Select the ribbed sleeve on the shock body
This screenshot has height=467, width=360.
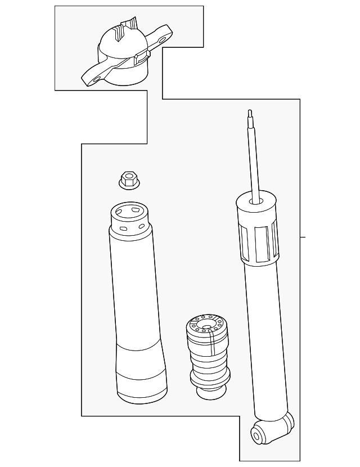258,242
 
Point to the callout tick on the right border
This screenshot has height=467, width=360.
303,237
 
